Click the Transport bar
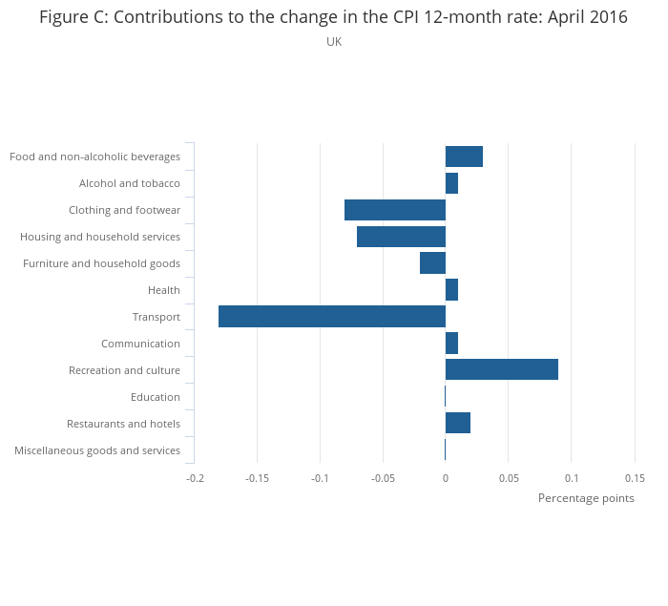332,316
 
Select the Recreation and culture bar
502,369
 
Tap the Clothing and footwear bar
395,210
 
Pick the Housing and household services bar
402,237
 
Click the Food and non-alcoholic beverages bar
465,157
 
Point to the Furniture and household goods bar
433,263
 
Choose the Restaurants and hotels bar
458,423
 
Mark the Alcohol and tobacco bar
452,183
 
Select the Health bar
452,290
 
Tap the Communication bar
452,343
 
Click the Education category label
156,397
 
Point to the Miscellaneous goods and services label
97,450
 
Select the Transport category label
157,317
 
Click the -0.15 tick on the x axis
258,478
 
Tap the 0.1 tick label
572,478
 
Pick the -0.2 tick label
195,478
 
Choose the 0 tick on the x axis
446,478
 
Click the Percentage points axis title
586,498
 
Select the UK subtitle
334,42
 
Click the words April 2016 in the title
588,17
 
